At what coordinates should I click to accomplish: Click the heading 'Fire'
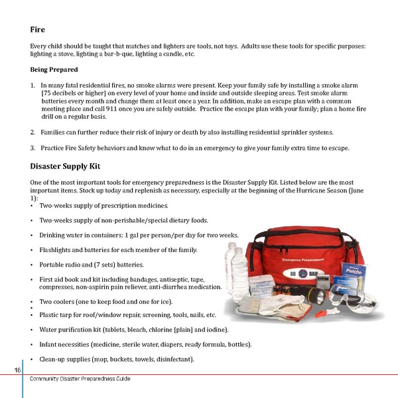coord(38,30)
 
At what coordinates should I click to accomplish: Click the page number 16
coord(17,369)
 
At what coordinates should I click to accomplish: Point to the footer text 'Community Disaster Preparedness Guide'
coord(80,378)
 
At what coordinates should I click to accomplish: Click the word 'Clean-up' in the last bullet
coord(54,359)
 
